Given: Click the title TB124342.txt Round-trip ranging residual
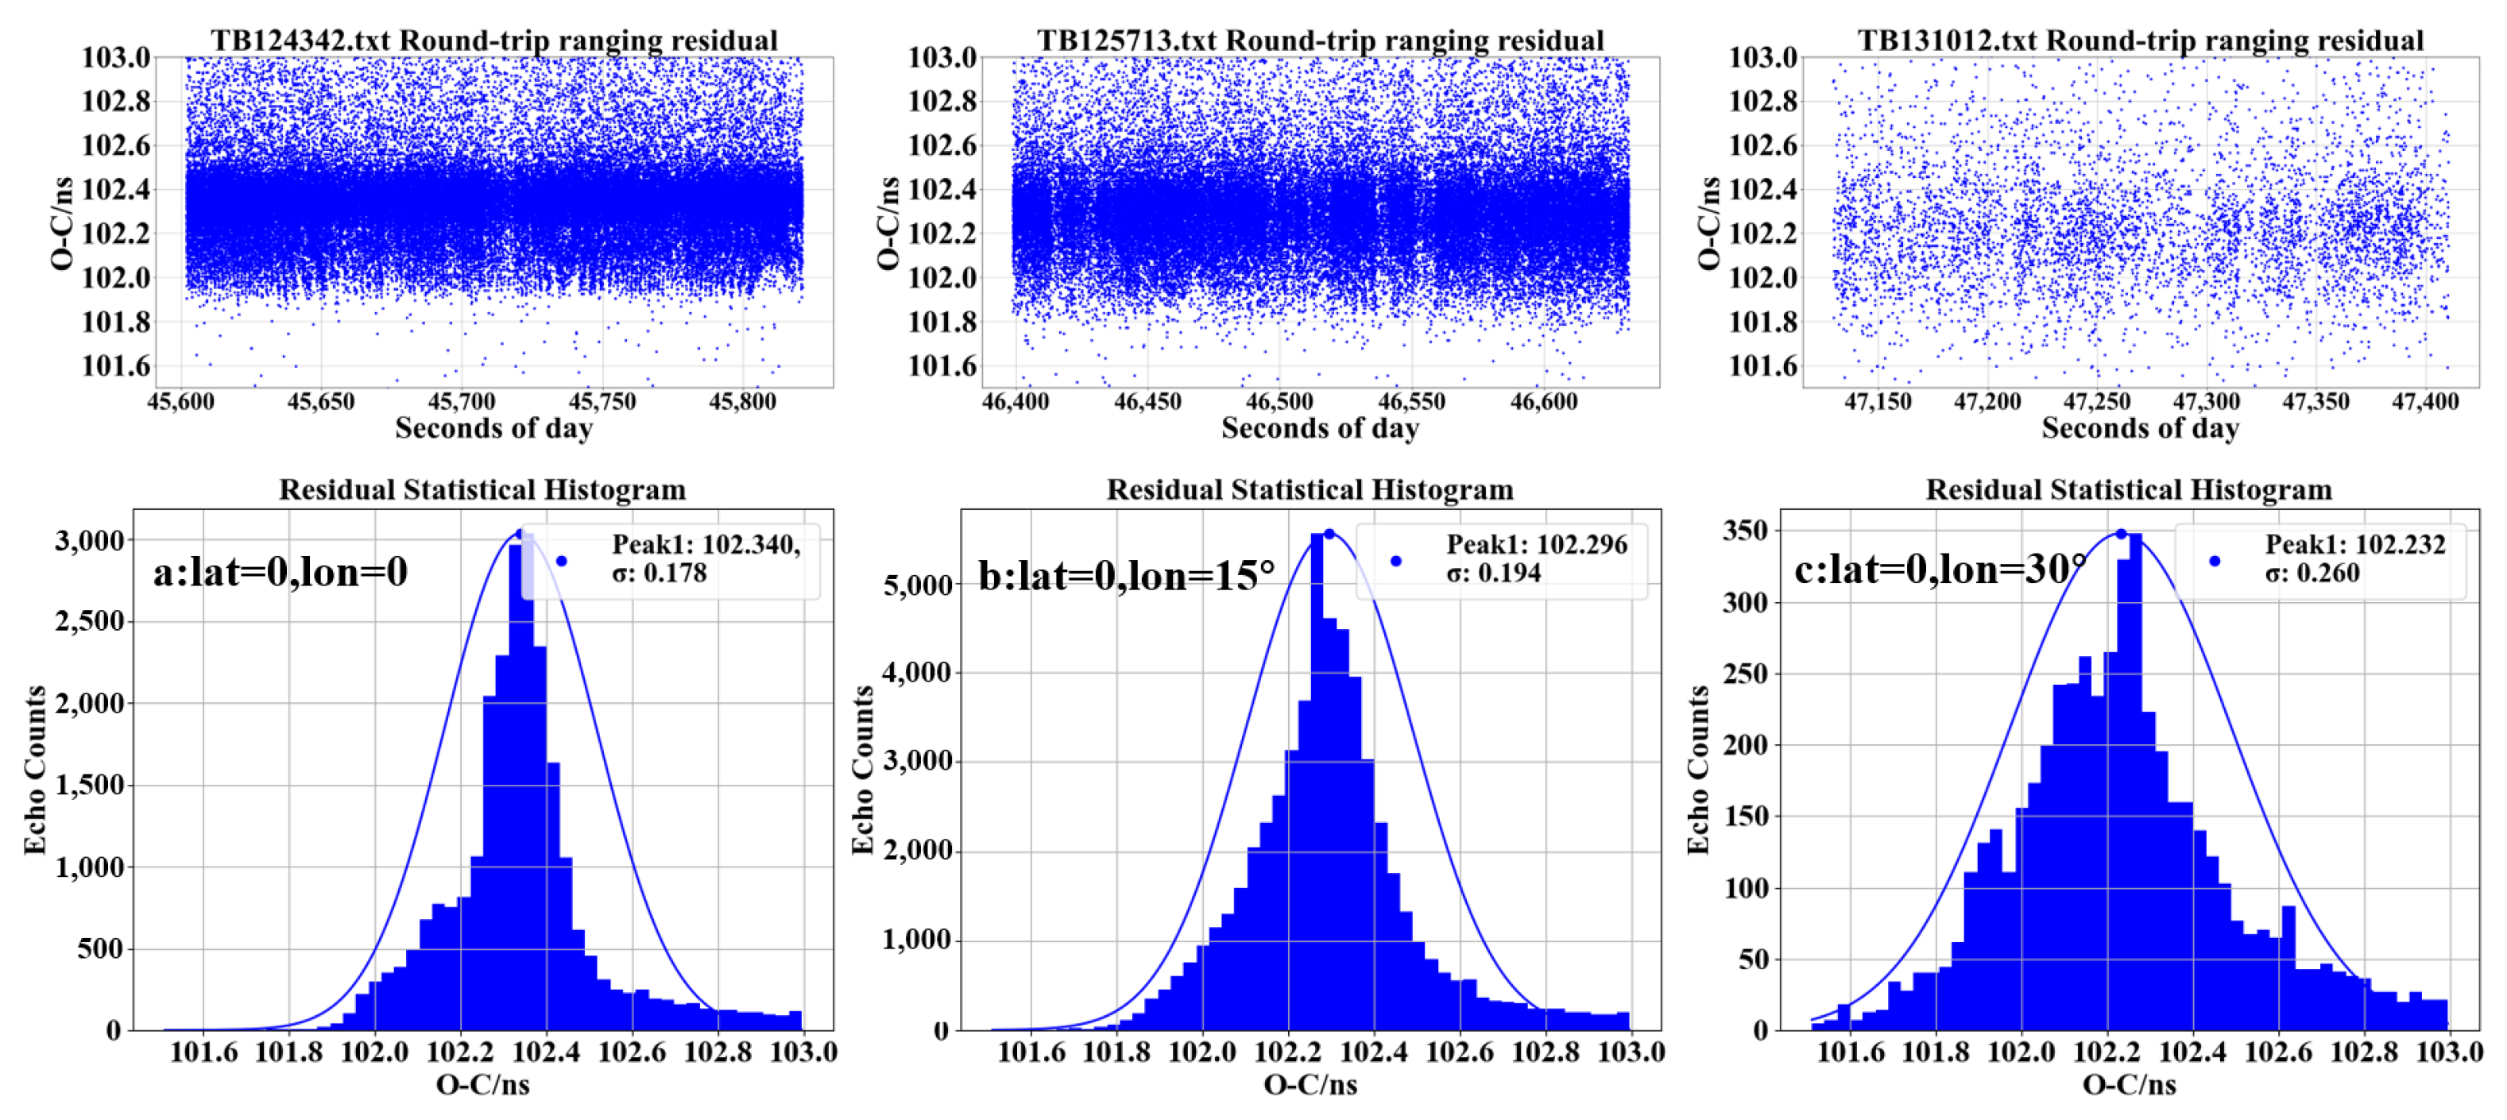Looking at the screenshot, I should click(x=493, y=40).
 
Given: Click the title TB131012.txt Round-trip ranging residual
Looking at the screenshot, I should click(x=2140, y=40).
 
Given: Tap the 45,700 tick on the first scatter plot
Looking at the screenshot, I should click(x=462, y=401).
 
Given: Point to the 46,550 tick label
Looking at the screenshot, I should click(x=1411, y=401).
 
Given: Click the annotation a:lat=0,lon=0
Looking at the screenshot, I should click(x=280, y=572).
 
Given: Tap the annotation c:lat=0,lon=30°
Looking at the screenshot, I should click(x=1940, y=570).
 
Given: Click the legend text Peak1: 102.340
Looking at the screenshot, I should click(x=706, y=544).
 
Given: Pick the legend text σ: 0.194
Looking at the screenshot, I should click(x=1493, y=574).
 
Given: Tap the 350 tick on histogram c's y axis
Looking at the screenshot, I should click(x=1745, y=531).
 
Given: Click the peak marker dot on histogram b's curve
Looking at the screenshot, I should click(x=1329, y=533).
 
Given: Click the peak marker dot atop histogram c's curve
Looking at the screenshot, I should click(x=2121, y=533).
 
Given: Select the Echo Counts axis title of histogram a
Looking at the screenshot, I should click(x=35, y=770).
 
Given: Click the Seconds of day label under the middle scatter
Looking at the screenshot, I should click(x=1320, y=428).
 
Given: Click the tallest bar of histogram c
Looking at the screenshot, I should click(x=2134, y=778).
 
